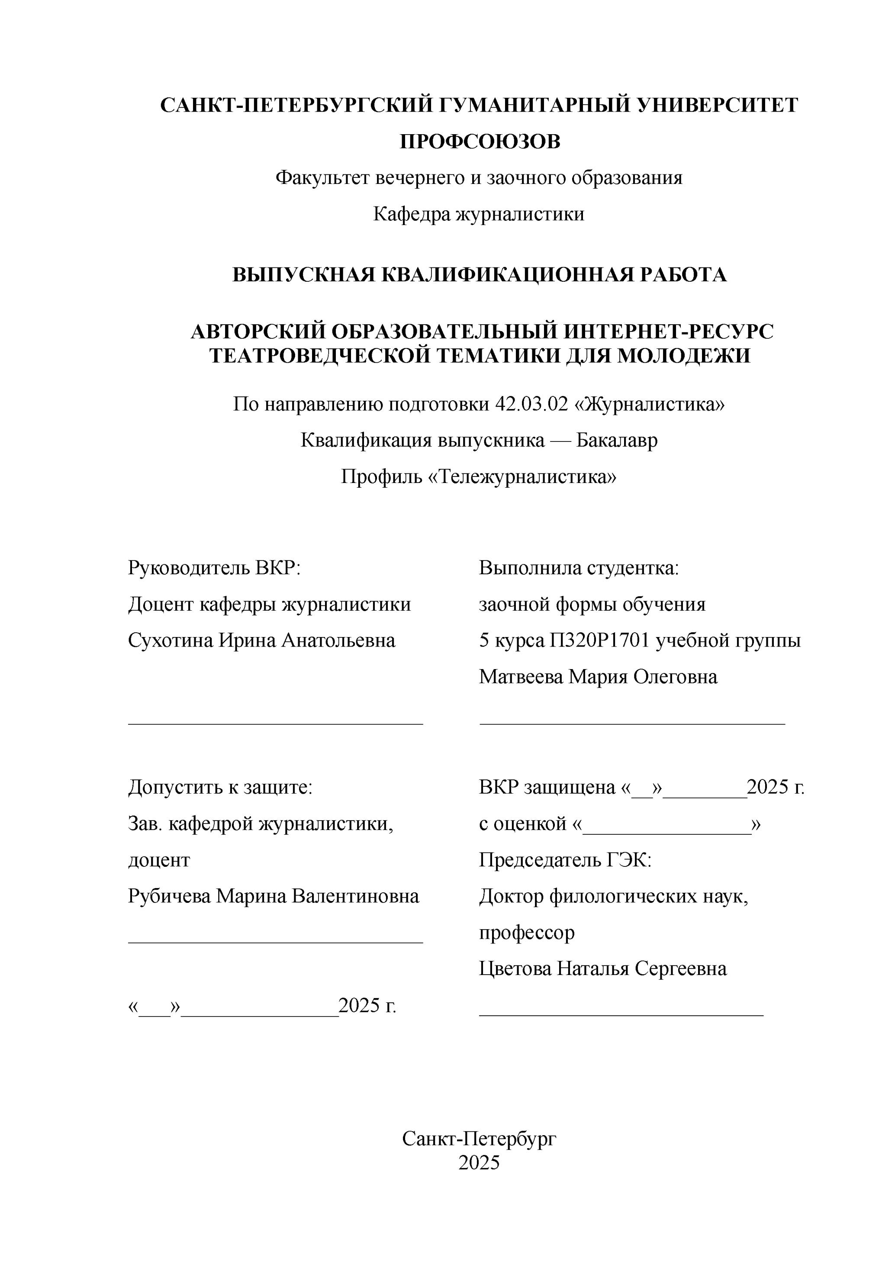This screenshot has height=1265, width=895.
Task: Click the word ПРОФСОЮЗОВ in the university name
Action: (x=479, y=142)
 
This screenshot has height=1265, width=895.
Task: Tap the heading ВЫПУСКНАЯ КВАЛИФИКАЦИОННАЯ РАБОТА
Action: (x=479, y=274)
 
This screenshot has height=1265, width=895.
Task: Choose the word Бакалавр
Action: (x=617, y=440)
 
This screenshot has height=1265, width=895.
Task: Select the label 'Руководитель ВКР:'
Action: (x=214, y=567)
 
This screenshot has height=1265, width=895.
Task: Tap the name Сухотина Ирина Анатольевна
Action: (x=262, y=640)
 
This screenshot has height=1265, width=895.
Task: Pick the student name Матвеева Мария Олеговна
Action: (x=598, y=676)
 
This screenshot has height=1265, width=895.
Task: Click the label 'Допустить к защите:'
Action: (x=220, y=787)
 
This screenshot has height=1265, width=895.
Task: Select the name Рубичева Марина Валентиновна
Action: (x=274, y=896)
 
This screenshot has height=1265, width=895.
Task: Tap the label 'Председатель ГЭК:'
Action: (x=565, y=859)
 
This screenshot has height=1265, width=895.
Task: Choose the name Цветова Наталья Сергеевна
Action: (x=602, y=969)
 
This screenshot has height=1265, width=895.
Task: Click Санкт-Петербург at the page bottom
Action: (x=479, y=1138)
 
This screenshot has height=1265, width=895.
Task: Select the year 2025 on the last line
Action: (x=479, y=1162)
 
